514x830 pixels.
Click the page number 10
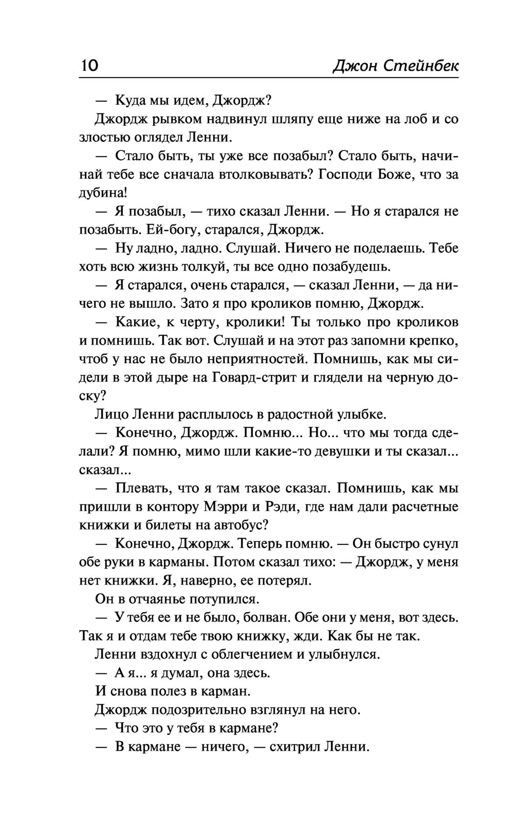pyautogui.click(x=89, y=66)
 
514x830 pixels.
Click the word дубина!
pyautogui.click(x=103, y=193)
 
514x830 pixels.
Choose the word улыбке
pyautogui.click(x=360, y=414)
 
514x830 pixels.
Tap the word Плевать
pyautogui.click(x=141, y=488)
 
